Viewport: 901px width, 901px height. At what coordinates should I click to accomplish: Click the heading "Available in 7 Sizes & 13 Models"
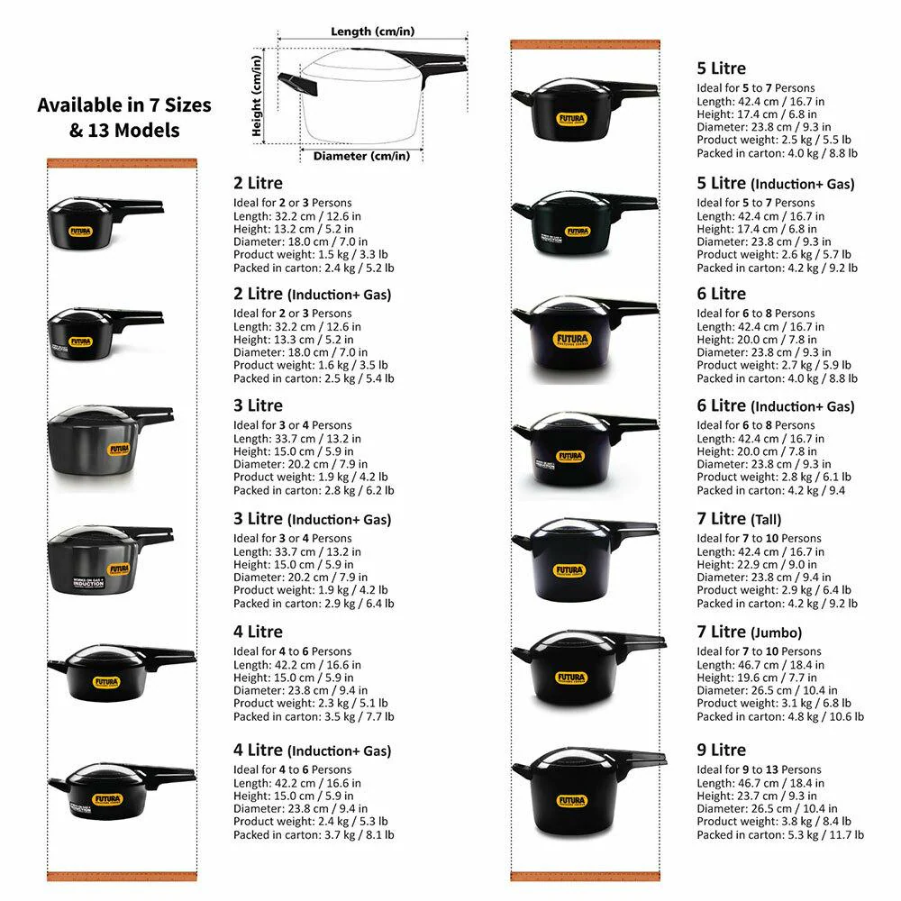click(x=124, y=117)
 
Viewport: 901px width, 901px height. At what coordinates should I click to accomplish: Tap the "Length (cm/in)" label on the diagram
click(x=372, y=31)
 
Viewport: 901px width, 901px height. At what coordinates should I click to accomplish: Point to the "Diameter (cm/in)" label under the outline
click(x=361, y=156)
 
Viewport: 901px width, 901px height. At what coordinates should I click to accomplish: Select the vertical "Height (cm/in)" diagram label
click(x=257, y=96)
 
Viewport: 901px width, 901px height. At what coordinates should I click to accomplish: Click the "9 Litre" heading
click(x=721, y=750)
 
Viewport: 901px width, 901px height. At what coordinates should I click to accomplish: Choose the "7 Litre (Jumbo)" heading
click(x=750, y=633)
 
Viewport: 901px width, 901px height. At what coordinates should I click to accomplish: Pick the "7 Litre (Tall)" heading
click(x=739, y=519)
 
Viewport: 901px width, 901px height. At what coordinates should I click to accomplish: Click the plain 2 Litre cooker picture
click(x=105, y=223)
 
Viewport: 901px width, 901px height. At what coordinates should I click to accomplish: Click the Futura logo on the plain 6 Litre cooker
click(x=572, y=339)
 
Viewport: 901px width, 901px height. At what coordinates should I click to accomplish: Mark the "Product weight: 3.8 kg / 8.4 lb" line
click(x=774, y=822)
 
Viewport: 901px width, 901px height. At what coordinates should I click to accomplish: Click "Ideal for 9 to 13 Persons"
click(x=759, y=769)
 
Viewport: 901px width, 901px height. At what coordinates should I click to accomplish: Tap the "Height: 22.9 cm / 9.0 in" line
click(x=757, y=564)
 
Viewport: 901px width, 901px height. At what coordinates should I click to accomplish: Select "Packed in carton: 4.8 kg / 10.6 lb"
click(x=780, y=716)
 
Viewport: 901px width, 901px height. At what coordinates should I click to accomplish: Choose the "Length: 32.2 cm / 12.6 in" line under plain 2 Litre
click(x=297, y=216)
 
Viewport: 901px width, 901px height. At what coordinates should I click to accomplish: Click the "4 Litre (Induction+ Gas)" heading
click(x=312, y=751)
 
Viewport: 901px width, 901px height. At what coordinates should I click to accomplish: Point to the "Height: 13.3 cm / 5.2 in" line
click(x=293, y=340)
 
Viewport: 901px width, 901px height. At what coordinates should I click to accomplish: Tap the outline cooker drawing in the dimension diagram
click(x=372, y=96)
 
